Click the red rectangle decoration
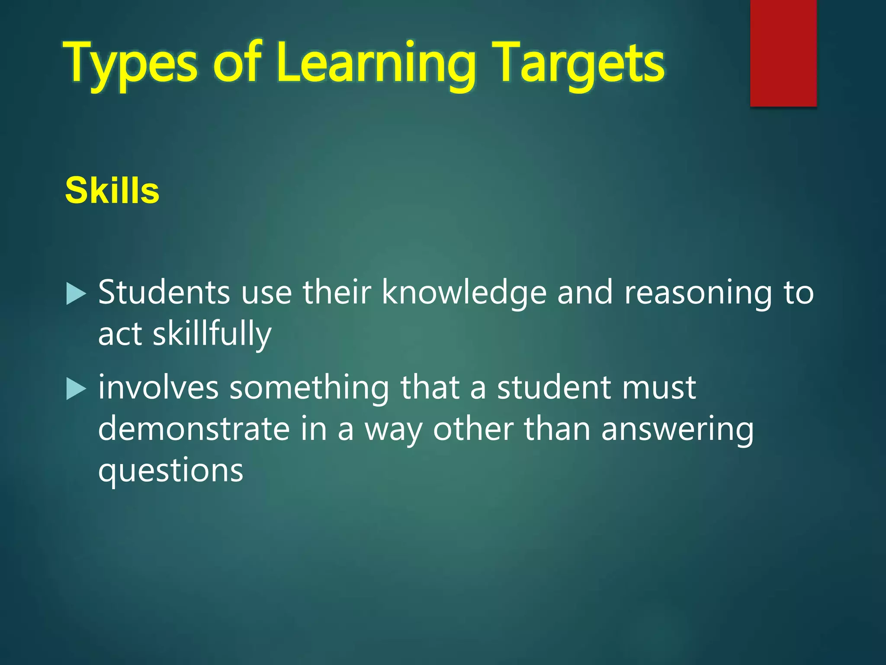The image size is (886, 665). (783, 53)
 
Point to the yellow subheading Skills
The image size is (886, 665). (112, 190)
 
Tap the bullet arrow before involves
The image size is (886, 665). (77, 389)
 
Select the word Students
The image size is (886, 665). (164, 292)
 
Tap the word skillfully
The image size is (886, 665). (212, 334)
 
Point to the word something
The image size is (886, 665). (309, 388)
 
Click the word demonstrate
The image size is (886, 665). (194, 429)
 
